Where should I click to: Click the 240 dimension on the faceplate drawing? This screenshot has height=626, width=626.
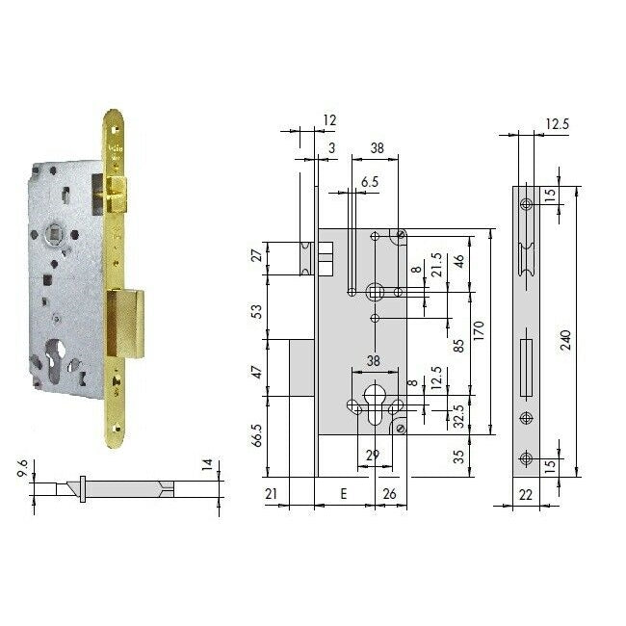click(x=566, y=340)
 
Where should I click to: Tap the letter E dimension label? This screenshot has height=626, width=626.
click(x=344, y=495)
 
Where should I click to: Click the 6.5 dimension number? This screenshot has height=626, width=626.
click(x=369, y=180)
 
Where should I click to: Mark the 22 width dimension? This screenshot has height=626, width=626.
click(x=525, y=495)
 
